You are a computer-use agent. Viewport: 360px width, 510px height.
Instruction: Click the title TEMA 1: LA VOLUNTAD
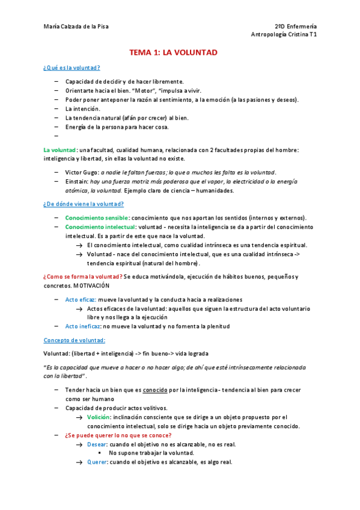(x=173, y=53)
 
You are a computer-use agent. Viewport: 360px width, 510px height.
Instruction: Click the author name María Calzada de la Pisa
(x=76, y=26)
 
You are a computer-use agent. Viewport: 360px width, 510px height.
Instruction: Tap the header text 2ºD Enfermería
(x=296, y=26)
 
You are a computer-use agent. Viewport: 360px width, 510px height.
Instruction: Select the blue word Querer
(x=98, y=462)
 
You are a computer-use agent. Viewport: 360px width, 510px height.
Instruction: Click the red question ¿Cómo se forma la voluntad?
(x=82, y=276)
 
